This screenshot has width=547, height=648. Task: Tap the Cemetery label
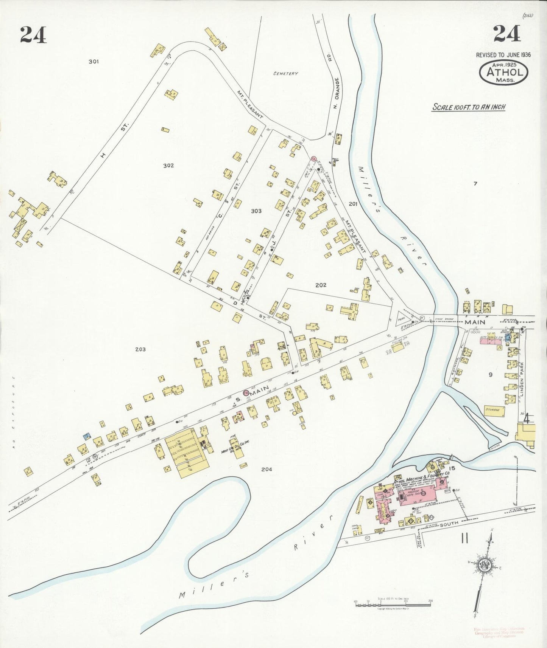285,74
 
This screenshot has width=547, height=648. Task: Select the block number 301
94,61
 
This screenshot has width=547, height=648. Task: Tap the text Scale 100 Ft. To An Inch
469,107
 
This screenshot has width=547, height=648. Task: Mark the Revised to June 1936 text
503,55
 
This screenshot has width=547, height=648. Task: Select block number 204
266,469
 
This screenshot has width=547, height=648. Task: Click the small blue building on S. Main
87,436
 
